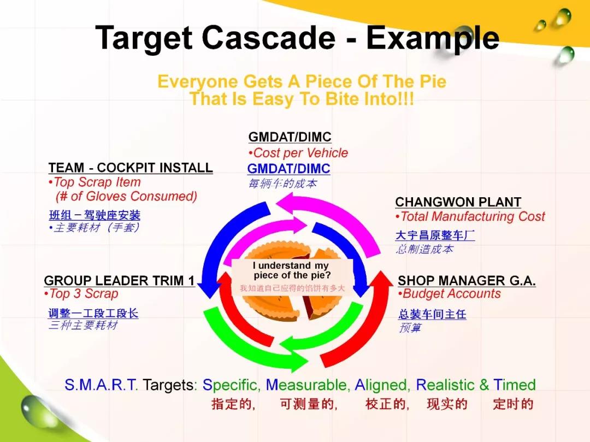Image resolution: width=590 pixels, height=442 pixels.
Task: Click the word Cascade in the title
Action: point(268,38)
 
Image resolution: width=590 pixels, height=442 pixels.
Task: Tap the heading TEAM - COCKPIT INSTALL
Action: point(131,168)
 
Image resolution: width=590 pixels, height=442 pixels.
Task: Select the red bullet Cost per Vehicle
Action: point(298,153)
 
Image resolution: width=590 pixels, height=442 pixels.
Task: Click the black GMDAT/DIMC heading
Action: point(290,137)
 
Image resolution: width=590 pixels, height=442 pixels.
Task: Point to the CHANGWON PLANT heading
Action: point(458,202)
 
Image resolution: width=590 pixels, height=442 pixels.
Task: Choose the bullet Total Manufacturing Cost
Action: point(470,217)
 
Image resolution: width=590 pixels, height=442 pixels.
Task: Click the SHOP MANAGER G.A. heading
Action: point(467,281)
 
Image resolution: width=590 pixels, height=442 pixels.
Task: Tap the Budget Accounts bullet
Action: point(450,294)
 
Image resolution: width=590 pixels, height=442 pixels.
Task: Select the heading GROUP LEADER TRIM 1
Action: point(119,281)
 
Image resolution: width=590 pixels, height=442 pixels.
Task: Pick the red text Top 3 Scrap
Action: point(81,293)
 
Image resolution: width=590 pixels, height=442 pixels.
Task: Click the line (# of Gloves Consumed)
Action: point(126,196)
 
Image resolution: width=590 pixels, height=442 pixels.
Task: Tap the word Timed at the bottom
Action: point(515,385)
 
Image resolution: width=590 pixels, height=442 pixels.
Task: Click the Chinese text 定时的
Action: point(513,404)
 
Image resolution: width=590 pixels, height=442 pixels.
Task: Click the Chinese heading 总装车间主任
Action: point(432,314)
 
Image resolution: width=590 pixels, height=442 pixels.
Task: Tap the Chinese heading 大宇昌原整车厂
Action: point(435,235)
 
